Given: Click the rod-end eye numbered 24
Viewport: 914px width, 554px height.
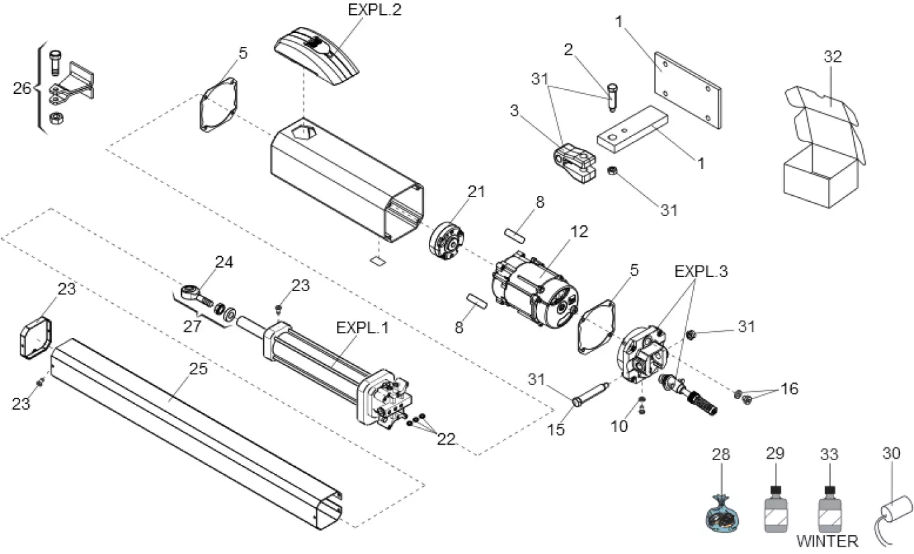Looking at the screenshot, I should tap(191, 292).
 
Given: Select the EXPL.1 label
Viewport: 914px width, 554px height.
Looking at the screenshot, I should tap(363, 329).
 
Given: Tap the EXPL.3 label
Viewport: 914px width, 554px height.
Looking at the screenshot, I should tap(701, 272).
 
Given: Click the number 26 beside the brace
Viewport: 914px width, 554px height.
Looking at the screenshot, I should tap(23, 88).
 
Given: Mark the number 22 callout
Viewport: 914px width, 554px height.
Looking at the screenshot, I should tap(446, 439).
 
